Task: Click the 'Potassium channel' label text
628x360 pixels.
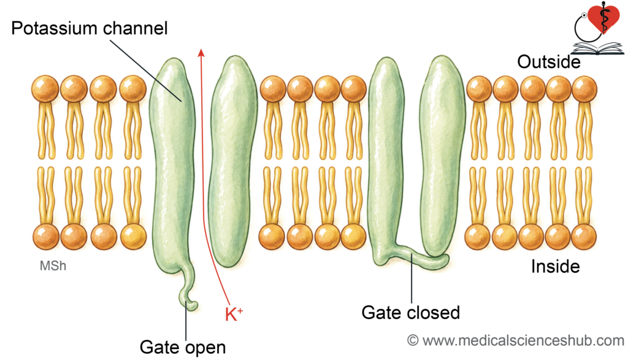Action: [90, 29]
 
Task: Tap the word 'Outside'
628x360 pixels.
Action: [549, 62]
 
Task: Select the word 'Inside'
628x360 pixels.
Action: [556, 267]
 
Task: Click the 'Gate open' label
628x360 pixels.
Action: [183, 348]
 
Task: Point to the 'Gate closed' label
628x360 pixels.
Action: [410, 313]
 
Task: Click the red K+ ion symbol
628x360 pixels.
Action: [234, 315]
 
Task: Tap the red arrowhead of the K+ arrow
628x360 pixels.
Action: [201, 53]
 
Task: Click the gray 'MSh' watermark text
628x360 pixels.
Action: [53, 266]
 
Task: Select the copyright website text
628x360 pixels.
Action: [516, 340]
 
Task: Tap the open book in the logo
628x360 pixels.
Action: [597, 48]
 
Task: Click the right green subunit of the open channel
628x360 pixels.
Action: [234, 160]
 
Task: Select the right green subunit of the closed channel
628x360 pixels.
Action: [443, 156]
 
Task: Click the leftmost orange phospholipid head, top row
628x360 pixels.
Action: [45, 88]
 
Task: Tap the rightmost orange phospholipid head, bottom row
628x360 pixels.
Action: [584, 237]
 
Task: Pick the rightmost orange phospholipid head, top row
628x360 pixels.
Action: [584, 88]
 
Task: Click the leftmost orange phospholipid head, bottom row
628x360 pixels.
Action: [46, 237]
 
